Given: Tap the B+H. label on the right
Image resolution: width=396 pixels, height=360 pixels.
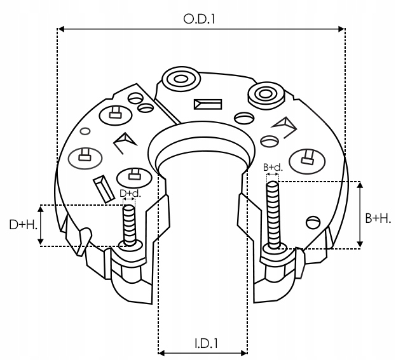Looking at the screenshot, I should point(378,218).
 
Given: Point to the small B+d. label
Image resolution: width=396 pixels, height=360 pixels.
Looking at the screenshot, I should point(273,167).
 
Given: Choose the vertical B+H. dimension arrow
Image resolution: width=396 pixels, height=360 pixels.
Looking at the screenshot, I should point(361,215).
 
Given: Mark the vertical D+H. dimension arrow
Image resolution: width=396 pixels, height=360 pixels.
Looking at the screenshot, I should point(41,225).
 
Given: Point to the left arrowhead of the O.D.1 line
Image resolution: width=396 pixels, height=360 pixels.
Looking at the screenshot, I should point(61,28).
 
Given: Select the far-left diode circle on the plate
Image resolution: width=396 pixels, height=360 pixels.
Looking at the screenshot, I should point(85,156).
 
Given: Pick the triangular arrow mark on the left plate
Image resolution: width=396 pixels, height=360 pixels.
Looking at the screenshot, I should point(123,145).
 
